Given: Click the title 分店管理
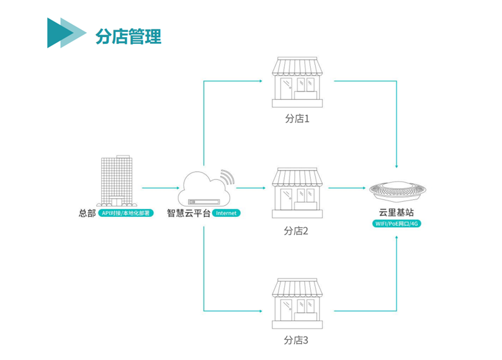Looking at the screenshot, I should [x=128, y=36].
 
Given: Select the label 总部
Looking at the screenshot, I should [x=87, y=213].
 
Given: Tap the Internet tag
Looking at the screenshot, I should [x=227, y=213].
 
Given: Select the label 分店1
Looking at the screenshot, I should [x=297, y=119].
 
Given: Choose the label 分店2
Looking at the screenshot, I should [x=297, y=231].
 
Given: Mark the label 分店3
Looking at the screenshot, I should [x=297, y=341].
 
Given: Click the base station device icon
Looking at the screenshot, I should [x=397, y=189].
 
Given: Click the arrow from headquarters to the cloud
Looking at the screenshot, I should [x=159, y=188].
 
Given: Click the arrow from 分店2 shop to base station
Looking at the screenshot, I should [x=347, y=188].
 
